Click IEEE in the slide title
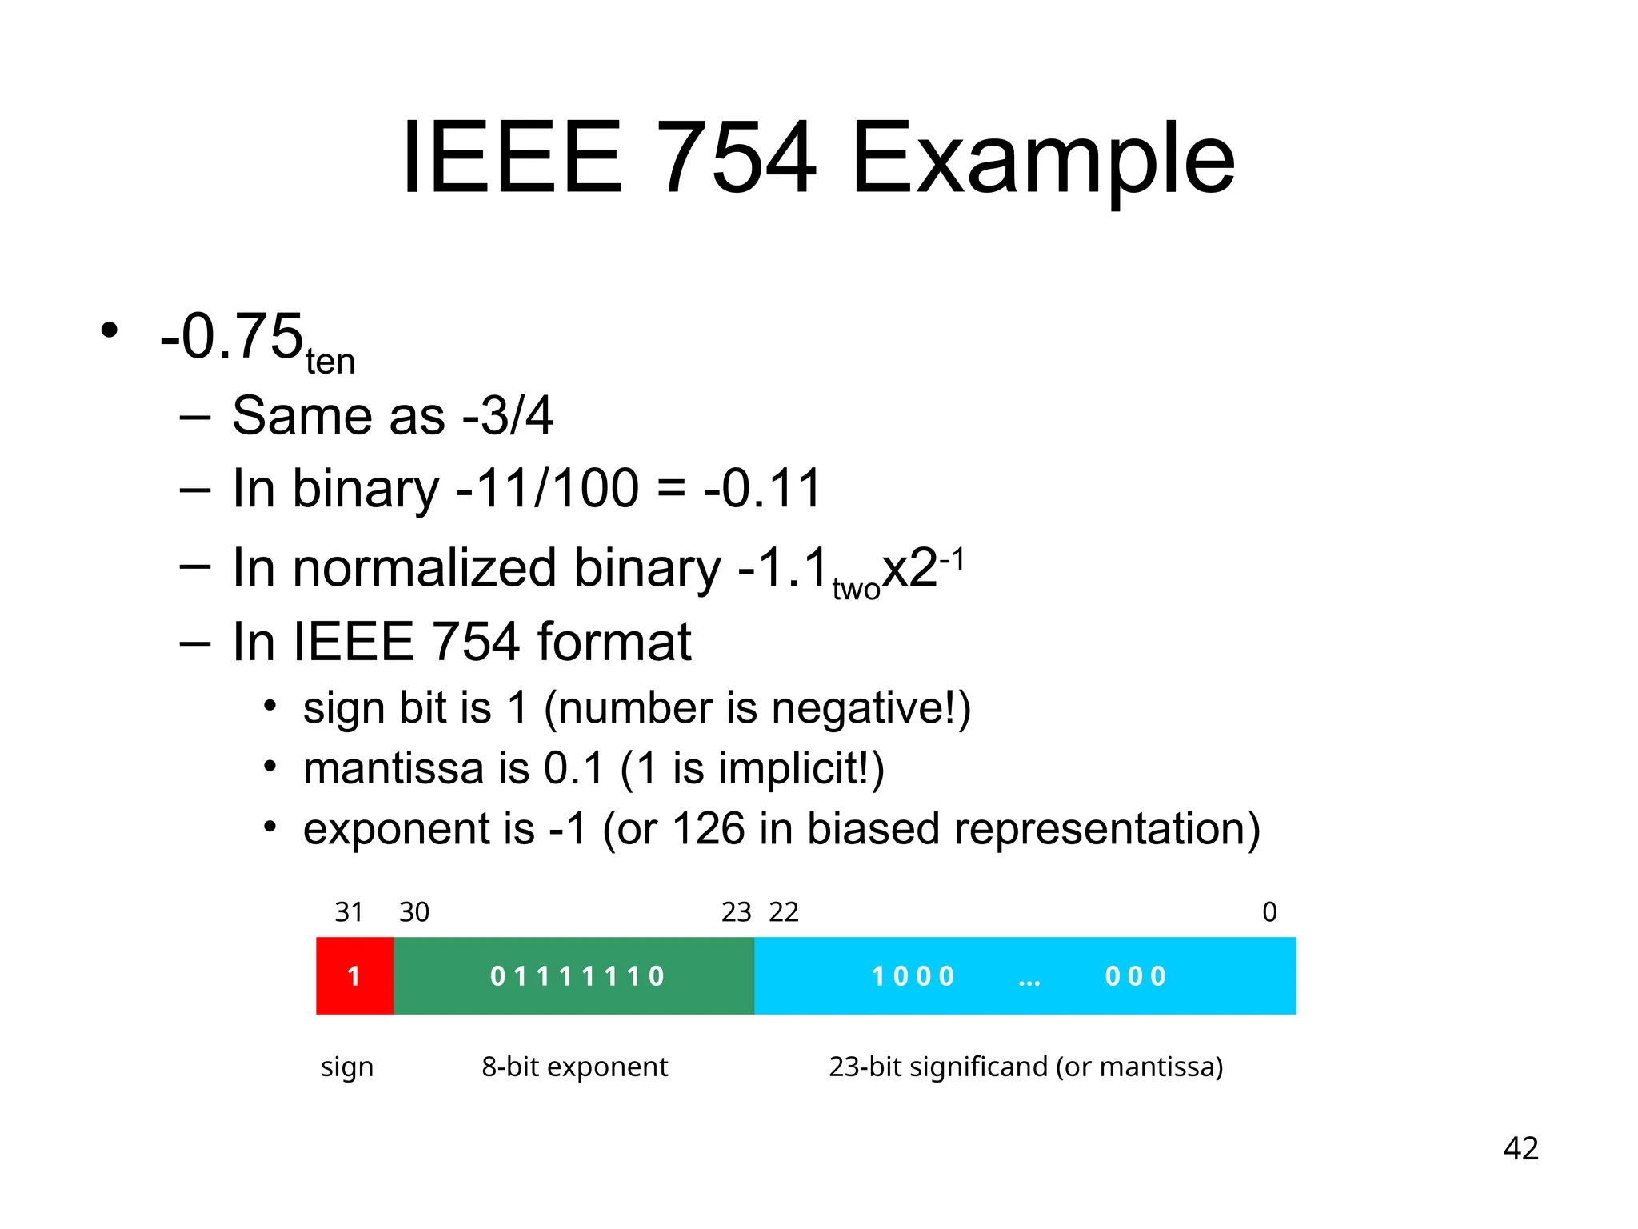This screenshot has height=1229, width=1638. tap(512, 158)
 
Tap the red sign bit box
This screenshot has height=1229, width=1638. tap(354, 975)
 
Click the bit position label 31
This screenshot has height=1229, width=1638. tap(349, 912)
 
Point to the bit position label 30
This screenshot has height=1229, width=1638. tap(414, 912)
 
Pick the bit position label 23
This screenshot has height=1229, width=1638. tap(736, 912)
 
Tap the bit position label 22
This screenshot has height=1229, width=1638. tap(784, 912)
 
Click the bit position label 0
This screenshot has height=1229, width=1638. tap(1269, 912)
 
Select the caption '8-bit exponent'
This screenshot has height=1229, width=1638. tap(574, 1067)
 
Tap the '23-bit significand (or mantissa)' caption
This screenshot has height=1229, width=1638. tap(1025, 1067)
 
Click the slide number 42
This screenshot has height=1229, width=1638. tap(1520, 1149)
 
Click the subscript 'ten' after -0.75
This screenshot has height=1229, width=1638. tap(330, 362)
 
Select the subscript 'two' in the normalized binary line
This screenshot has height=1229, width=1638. tap(856, 590)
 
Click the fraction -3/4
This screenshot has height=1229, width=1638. tap(508, 416)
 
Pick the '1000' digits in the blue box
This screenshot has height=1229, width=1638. tap(913, 976)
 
